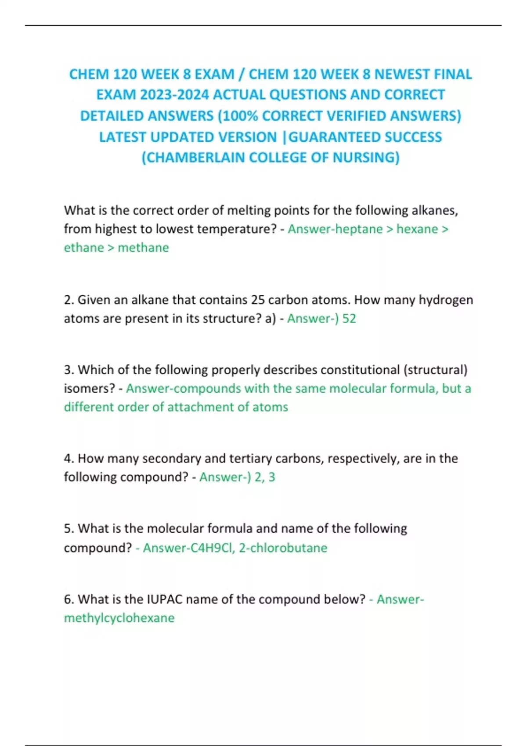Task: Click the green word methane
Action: click(x=143, y=247)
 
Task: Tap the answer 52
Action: click(x=349, y=318)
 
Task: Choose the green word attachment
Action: click(x=201, y=407)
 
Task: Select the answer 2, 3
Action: click(x=264, y=477)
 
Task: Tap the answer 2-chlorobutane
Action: click(x=283, y=548)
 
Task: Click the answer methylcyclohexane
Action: click(x=119, y=618)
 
